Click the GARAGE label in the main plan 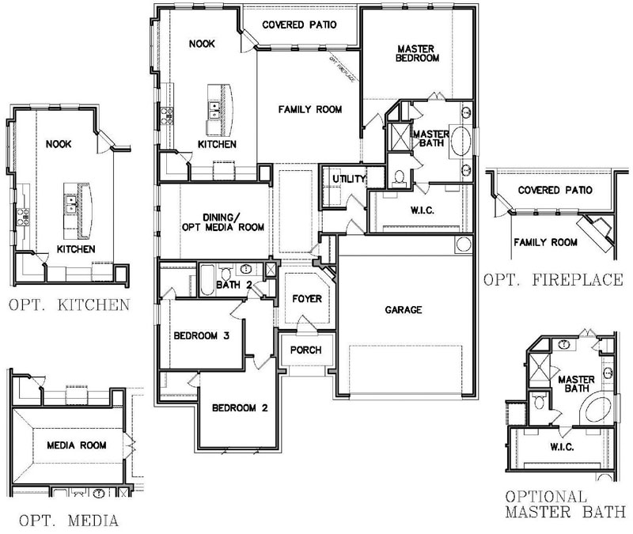coord(404,310)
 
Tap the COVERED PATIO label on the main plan coord(299,25)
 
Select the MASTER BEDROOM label coord(417,53)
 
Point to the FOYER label coord(307,299)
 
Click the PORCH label coord(306,350)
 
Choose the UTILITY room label coord(348,179)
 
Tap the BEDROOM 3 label coord(202,335)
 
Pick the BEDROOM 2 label coord(240,408)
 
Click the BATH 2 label coord(234,285)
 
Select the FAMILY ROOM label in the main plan coord(310,109)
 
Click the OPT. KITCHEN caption coord(69,305)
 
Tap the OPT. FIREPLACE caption coord(553,280)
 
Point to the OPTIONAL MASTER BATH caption coord(566,504)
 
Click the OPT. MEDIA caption coord(69,521)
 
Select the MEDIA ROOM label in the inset coord(77,445)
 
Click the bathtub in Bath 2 coord(207,281)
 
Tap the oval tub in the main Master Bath coord(461,141)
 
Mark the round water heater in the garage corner coord(464,244)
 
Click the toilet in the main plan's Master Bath coord(399,176)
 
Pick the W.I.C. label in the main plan coord(423,210)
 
